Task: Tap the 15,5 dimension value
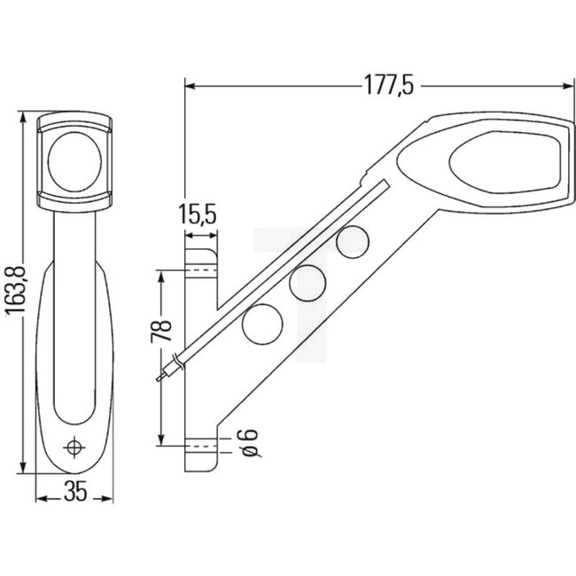pyautogui.click(x=198, y=215)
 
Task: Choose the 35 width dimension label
pyautogui.click(x=76, y=495)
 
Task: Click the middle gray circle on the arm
pyautogui.click(x=307, y=282)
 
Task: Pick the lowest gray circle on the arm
pyautogui.click(x=260, y=323)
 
